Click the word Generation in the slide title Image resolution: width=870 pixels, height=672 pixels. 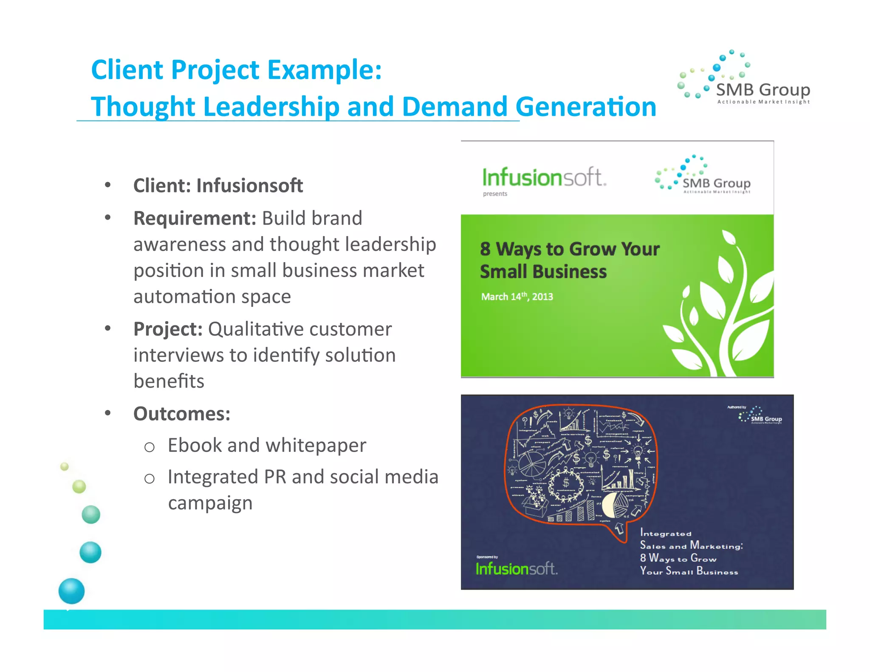pos(586,107)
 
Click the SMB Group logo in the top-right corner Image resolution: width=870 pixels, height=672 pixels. pos(744,79)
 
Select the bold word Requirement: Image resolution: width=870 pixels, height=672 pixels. pos(195,218)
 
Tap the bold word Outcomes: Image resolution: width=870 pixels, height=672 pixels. pos(182,414)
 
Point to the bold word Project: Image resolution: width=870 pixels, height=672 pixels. pos(168,329)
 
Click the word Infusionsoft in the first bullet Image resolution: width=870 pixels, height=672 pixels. pos(249,186)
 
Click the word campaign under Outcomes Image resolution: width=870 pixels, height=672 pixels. pos(210,503)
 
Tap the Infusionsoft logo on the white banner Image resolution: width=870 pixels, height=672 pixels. pos(544,178)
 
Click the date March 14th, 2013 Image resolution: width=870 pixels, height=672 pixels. pos(517,297)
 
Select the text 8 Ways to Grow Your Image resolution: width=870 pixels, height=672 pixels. pos(570,249)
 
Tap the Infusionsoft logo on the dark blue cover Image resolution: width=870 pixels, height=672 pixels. pos(516,569)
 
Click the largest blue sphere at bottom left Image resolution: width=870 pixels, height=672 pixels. pos(71,591)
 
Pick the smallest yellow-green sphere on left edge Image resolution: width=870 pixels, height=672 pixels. pos(65,467)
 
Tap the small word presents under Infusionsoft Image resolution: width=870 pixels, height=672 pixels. pos(495,194)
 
